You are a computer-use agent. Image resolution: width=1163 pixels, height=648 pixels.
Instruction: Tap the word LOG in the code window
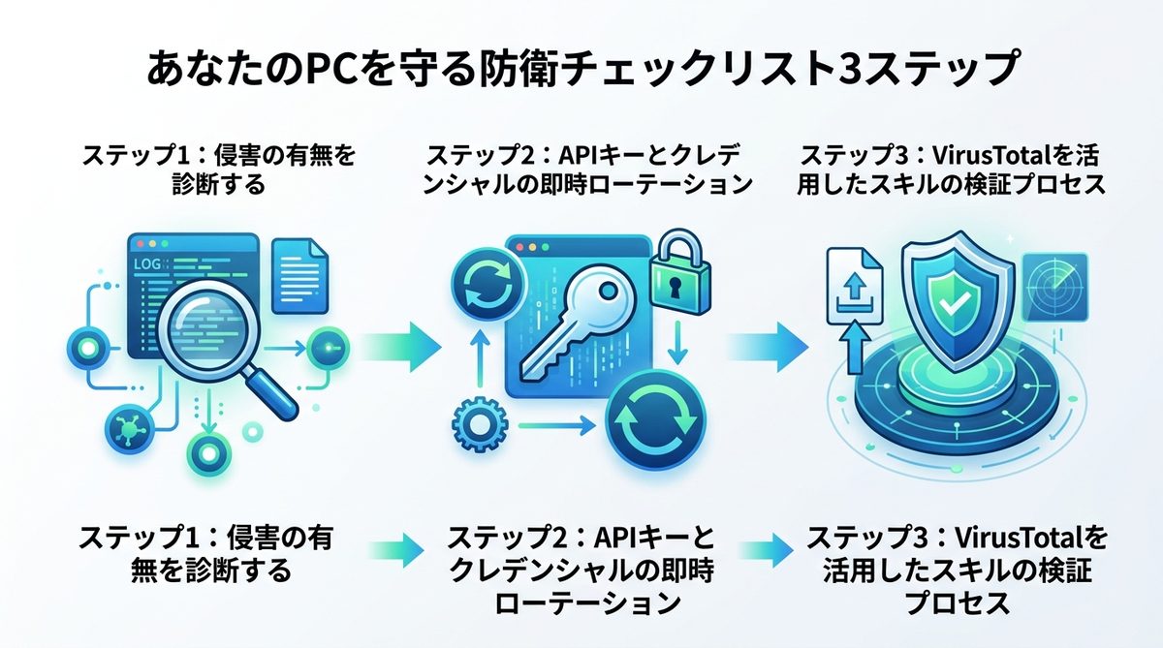pyautogui.click(x=147, y=262)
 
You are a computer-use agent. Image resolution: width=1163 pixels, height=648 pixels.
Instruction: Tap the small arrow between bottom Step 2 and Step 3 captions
pyautogui.click(x=775, y=549)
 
